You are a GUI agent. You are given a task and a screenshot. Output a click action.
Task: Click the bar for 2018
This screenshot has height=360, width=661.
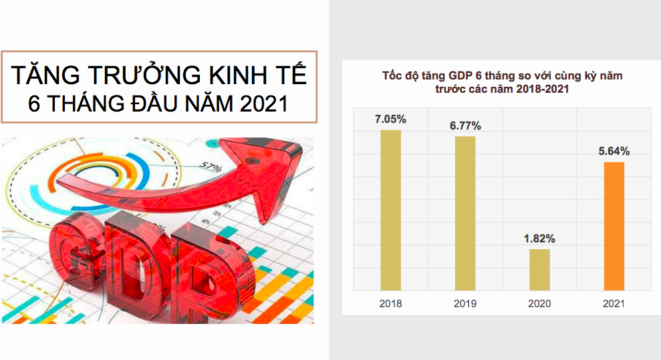390,210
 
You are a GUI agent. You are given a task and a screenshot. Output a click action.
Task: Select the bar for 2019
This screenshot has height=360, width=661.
465,213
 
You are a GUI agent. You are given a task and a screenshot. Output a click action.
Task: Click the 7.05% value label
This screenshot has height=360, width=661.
391,120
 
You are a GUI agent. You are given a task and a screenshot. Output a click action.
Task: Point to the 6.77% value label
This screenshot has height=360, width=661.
465,126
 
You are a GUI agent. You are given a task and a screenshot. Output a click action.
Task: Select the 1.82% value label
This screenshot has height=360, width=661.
539,238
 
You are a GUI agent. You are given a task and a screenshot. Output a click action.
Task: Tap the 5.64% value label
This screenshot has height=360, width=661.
614,151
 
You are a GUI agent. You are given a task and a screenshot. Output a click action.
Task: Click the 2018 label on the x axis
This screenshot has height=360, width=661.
390,304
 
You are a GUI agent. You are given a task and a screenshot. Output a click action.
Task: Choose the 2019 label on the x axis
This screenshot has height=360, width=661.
465,304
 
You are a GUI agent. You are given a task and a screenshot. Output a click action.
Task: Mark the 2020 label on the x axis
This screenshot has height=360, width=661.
539,304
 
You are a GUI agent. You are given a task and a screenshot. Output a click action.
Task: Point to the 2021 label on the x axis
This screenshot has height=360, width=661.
614,304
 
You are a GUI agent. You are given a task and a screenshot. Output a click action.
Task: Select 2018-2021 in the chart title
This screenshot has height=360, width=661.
546,89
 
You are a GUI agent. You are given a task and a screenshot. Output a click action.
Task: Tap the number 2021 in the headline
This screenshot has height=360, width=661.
263,104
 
